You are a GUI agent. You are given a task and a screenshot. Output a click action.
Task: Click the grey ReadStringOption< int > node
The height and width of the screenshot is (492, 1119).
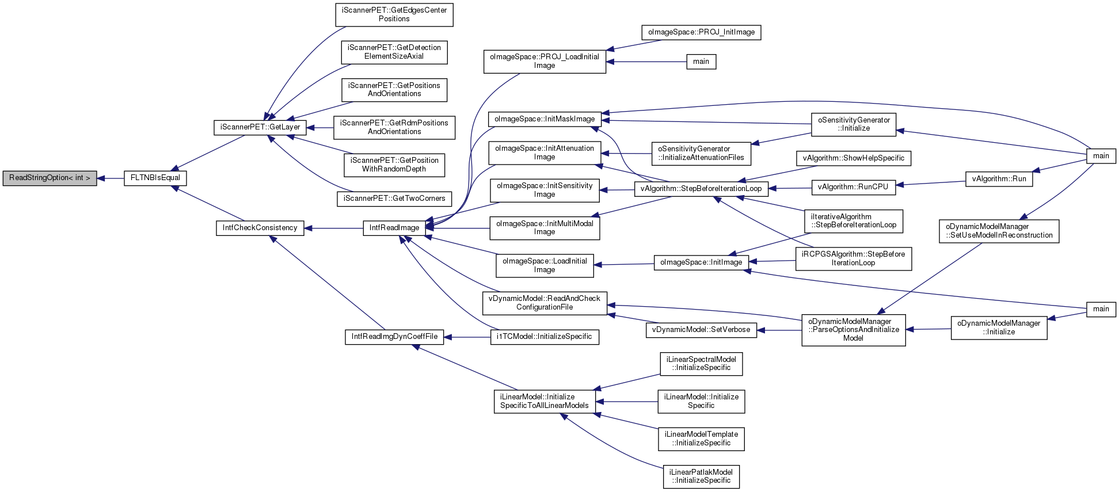coord(50,178)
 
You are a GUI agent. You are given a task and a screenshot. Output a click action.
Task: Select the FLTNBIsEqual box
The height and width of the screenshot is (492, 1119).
coord(155,178)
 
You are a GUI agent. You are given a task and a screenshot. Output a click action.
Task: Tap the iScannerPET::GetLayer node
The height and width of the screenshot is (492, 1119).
coord(260,127)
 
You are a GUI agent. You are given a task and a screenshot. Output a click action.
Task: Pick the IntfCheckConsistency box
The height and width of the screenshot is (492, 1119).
coord(260,228)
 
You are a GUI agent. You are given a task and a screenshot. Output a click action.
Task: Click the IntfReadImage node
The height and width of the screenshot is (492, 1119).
coord(394,228)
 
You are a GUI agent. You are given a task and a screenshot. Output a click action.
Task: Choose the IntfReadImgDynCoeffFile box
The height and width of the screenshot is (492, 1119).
coord(394,337)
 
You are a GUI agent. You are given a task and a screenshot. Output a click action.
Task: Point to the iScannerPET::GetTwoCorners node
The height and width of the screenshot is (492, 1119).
coord(394,199)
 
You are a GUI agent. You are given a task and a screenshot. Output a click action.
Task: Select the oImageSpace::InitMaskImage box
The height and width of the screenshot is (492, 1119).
coord(545,119)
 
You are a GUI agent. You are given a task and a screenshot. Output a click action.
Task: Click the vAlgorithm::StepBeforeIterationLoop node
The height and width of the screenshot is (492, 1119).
coord(701,189)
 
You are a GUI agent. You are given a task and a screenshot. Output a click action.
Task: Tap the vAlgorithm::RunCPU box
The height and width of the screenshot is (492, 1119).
coord(853,187)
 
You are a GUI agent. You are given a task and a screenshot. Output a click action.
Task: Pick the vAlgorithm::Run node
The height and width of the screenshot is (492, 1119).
coord(999,179)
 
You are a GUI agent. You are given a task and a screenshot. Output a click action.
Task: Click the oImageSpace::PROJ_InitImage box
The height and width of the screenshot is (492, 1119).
coord(701,32)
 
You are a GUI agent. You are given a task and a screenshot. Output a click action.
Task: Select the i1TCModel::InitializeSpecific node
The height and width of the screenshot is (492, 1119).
coord(545,337)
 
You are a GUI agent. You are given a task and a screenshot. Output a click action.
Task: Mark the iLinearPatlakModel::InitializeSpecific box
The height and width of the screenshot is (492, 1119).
coord(701,476)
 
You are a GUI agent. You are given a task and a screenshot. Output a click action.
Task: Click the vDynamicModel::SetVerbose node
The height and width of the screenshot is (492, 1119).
coord(701,330)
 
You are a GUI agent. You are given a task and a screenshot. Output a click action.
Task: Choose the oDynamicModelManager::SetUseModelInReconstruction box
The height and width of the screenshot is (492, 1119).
coord(999,231)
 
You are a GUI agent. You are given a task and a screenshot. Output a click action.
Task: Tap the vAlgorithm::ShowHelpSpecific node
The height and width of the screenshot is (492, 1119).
coord(853,158)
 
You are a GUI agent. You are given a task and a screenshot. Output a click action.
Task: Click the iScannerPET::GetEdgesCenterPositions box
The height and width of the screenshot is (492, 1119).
coord(394,14)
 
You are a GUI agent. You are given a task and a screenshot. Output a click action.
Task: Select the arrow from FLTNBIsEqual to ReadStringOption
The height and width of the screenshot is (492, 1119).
coord(111,178)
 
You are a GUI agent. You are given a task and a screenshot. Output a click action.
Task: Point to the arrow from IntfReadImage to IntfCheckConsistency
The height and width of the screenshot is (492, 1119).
coord(333,228)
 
